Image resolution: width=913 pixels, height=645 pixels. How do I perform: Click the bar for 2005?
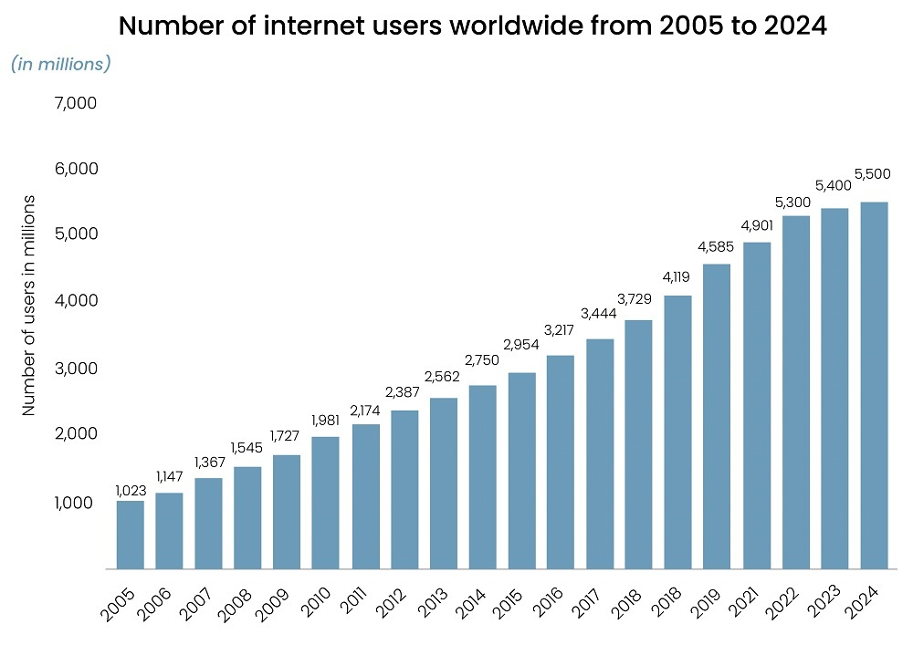tap(130, 535)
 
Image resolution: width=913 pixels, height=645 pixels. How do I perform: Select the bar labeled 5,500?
tap(874, 385)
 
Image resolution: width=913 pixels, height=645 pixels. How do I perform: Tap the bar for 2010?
tap(325, 503)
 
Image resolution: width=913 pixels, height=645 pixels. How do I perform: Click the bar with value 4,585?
tap(717, 416)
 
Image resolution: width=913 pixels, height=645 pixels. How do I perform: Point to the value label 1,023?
tap(131, 491)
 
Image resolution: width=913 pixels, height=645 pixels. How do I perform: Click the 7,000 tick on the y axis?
tap(76, 103)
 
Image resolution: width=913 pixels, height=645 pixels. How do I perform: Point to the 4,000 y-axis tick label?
tap(76, 300)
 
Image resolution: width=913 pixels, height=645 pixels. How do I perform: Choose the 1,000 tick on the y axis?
tap(76, 503)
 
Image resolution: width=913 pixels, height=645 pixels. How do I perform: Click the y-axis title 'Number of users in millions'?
tap(29, 306)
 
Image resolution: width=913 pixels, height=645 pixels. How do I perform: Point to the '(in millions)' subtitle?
tap(61, 64)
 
